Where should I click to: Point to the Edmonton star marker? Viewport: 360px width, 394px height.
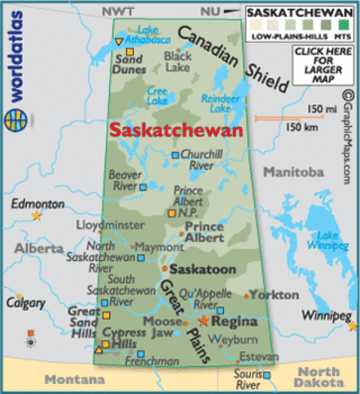(x=36, y=215)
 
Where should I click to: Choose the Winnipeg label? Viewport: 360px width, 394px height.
(x=324, y=316)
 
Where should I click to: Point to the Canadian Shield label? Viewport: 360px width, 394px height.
(x=234, y=59)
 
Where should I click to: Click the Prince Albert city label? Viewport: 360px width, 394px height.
(x=204, y=231)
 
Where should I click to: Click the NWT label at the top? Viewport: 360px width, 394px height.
(x=117, y=9)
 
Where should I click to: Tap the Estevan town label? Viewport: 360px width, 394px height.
(x=253, y=356)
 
